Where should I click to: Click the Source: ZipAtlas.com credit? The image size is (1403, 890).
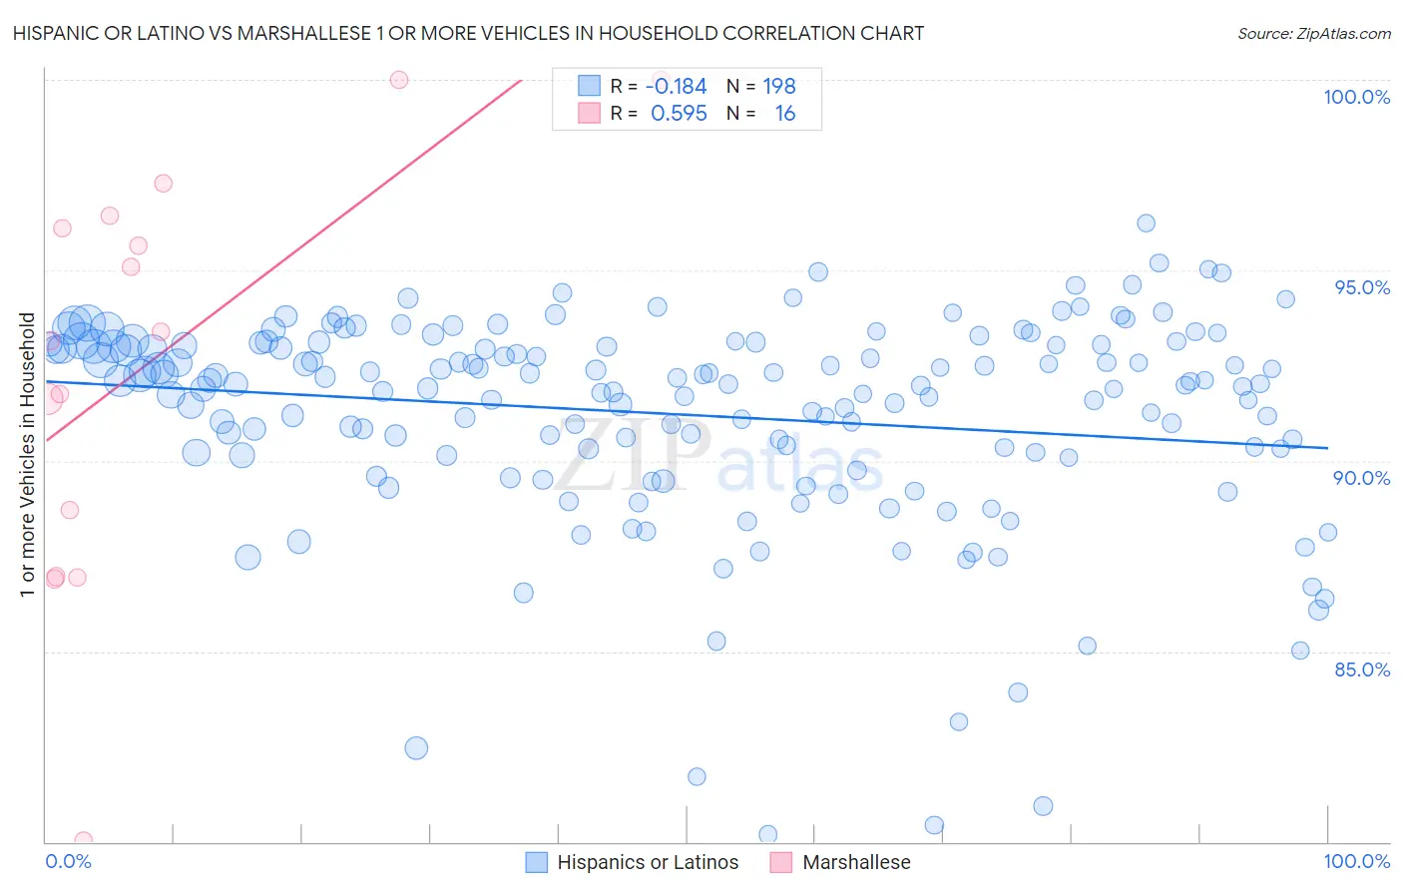tap(1313, 33)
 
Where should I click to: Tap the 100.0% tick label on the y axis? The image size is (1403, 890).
tap(1356, 97)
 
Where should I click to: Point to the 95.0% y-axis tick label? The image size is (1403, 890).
tap(1362, 287)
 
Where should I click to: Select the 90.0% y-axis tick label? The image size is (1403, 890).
tap(1361, 478)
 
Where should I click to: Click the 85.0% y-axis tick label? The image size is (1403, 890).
tap(1361, 669)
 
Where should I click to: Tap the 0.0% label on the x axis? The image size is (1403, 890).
tap(68, 861)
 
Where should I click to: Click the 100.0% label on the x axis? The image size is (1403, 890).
tap(1356, 861)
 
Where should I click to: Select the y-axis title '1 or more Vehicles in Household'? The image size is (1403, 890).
tap(28, 455)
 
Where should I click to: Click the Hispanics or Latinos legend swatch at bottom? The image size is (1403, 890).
tap(537, 862)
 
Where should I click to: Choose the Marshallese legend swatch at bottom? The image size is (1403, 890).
tap(781, 862)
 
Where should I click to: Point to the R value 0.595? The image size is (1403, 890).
tap(679, 114)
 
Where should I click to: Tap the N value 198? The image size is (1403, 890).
tap(779, 87)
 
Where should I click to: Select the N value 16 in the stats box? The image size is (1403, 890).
tap(785, 114)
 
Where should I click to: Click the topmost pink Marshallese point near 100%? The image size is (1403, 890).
tap(399, 80)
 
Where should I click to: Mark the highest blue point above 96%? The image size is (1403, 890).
tap(1146, 223)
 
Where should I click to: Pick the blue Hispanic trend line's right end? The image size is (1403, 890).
tap(1326, 448)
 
